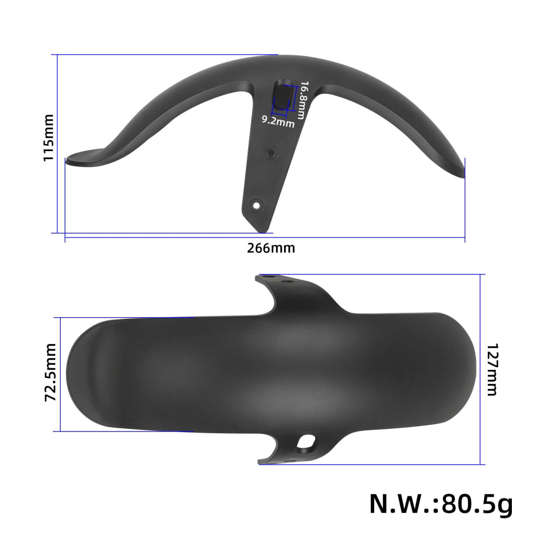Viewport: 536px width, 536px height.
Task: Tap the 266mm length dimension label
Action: [x=271, y=248]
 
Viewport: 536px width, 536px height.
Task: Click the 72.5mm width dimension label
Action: [x=50, y=374]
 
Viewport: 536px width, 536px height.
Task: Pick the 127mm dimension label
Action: [x=492, y=369]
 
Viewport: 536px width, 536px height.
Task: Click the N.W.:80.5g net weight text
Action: [x=441, y=504]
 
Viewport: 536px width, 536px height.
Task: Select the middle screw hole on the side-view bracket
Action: [x=271, y=153]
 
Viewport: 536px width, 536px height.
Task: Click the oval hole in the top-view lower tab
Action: [x=307, y=442]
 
